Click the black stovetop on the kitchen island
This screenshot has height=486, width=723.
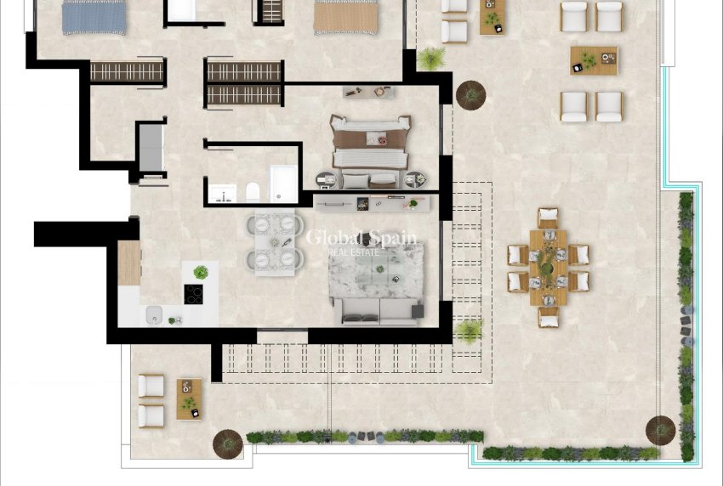(x=194, y=294)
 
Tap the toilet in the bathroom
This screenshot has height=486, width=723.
(x=252, y=192)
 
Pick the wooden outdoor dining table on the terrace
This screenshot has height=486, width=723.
(x=549, y=267)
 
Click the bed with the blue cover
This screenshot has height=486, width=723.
(x=94, y=17)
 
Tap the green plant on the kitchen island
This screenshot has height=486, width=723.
(x=201, y=273)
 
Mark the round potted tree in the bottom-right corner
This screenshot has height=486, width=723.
(x=660, y=430)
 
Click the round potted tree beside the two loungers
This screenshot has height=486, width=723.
(x=227, y=442)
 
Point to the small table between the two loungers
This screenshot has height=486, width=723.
(x=189, y=398)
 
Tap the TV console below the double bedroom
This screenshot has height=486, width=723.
(x=373, y=202)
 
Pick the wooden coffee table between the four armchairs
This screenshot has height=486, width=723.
(x=594, y=60)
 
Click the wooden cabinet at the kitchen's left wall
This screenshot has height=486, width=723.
(x=128, y=263)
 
